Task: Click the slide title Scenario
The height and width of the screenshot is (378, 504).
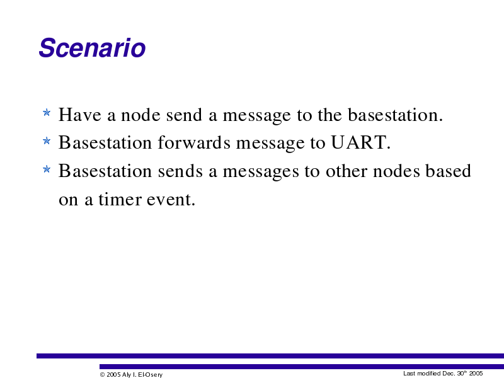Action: [x=92, y=48]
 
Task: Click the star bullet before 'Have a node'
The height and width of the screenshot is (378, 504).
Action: [x=47, y=113]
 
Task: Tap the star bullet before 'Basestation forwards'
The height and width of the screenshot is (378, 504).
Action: [x=47, y=140]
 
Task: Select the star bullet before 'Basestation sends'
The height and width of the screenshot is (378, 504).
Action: [x=47, y=169]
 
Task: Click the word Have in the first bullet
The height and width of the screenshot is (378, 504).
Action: [x=80, y=115]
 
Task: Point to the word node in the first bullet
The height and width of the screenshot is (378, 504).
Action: [x=140, y=115]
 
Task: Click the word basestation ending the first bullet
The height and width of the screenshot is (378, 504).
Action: [x=396, y=115]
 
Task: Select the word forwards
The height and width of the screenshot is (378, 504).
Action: [x=194, y=143]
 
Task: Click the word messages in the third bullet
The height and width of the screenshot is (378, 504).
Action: [x=261, y=171]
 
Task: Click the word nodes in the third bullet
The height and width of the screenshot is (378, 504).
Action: [x=396, y=171]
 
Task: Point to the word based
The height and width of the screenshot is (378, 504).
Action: [x=449, y=171]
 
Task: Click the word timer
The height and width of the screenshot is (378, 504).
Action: [x=120, y=199]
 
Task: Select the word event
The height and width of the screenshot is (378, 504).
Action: [x=171, y=200]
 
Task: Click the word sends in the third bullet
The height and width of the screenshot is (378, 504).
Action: [x=180, y=171]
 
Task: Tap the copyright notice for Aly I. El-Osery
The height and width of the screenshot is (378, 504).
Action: [x=131, y=374]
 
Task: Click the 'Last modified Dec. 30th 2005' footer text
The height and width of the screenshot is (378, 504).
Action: [x=443, y=373]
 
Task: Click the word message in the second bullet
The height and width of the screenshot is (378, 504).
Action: [x=270, y=144]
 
